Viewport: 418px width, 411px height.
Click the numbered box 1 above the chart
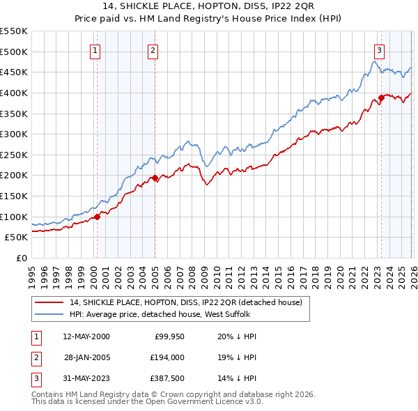point(95,49)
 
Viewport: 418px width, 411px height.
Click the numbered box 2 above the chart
point(153,49)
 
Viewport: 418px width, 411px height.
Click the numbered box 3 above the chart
point(379,49)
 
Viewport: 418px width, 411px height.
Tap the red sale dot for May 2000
point(98,216)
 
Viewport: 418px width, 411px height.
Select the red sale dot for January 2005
point(155,178)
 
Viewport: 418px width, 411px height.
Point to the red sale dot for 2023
point(381,98)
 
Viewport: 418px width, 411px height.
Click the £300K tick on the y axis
point(14,134)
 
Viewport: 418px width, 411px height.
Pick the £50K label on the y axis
point(16,237)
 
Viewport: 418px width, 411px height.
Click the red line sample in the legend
point(48,302)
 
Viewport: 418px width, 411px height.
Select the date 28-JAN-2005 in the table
point(86,357)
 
